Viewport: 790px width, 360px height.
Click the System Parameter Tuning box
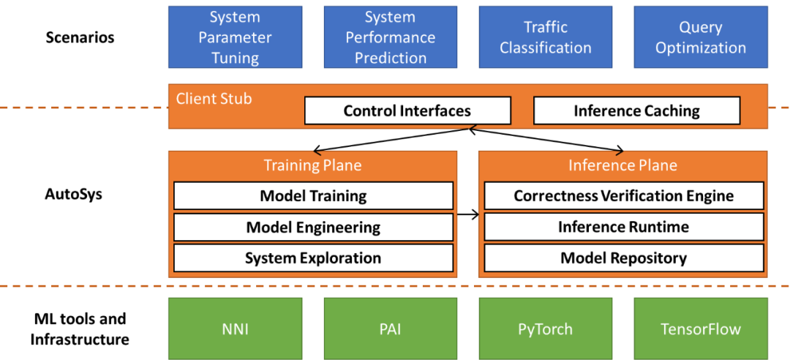pos(236,37)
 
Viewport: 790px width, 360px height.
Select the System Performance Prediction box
pos(391,37)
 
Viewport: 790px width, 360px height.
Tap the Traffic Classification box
pos(546,37)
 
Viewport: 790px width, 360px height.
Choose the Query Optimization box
pos(701,37)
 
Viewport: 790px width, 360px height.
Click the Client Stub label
pos(214,98)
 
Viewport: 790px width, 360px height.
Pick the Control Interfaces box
pos(407,111)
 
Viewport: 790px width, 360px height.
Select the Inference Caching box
pos(636,111)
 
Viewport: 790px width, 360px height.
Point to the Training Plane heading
pos(313,165)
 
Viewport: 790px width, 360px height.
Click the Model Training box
pos(313,196)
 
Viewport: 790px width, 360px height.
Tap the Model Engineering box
pos(313,227)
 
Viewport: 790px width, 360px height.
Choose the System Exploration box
pos(313,258)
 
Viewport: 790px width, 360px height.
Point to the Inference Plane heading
pos(622,165)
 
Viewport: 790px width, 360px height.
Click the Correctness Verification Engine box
pos(623,196)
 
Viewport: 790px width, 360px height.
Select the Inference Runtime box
pos(623,227)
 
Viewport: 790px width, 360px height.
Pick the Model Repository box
pos(623,258)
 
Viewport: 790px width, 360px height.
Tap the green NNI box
pos(236,329)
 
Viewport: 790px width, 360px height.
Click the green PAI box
pos(391,329)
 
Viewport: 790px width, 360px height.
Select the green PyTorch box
pos(546,329)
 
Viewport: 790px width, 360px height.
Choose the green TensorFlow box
pos(701,329)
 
